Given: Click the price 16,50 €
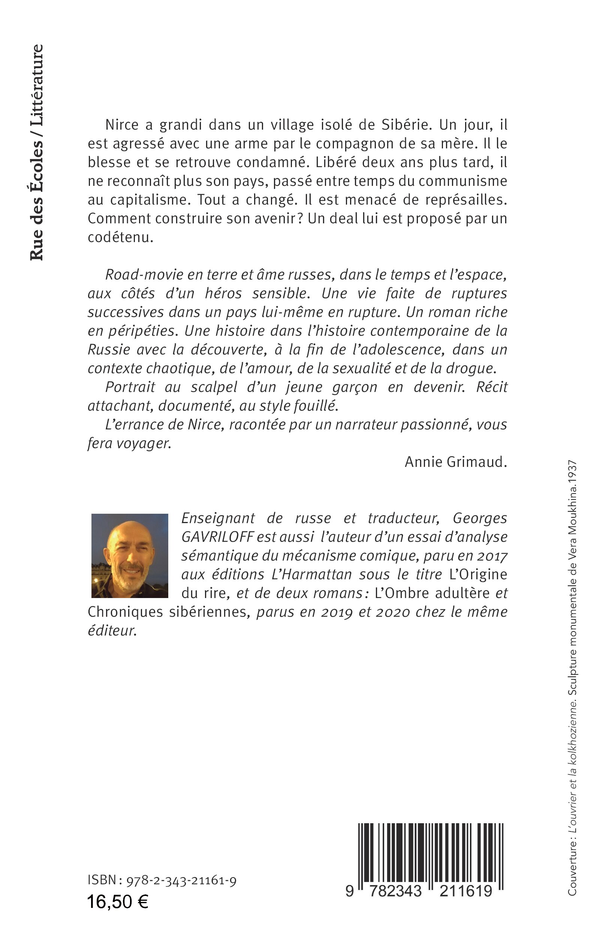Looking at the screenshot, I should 117,902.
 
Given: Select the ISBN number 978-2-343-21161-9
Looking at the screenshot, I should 181,880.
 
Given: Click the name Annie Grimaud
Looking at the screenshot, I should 456,462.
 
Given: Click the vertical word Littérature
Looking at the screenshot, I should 37,83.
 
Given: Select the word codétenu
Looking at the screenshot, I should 120,237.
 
